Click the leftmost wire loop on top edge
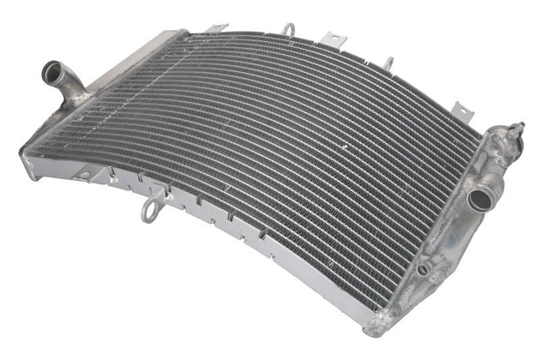289,29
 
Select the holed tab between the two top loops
329,39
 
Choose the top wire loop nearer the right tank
388,62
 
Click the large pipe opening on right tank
477,201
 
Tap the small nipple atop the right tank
516,130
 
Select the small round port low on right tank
423,268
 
